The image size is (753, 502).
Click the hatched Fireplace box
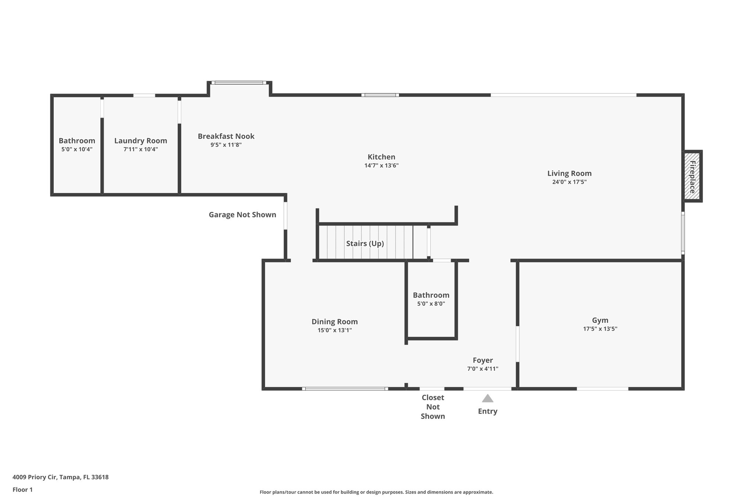click(692, 176)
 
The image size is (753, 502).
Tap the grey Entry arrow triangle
click(488, 399)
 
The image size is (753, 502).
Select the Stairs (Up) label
click(365, 243)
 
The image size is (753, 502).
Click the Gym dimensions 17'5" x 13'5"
click(600, 329)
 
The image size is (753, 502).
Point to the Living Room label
click(569, 173)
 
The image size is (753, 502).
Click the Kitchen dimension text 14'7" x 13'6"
click(381, 165)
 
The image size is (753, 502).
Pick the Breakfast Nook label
click(226, 136)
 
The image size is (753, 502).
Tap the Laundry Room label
click(140, 140)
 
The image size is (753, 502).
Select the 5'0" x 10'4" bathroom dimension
click(77, 149)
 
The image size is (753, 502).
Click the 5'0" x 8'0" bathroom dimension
click(431, 304)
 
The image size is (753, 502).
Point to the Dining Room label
click(335, 321)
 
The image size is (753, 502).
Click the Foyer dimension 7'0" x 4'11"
click(482, 369)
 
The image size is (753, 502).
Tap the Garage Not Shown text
click(242, 215)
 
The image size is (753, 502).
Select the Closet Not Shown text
click(433, 407)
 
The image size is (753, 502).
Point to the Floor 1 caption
click(22, 489)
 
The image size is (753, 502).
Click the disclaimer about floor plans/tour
click(376, 492)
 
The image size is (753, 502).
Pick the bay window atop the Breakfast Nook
click(239, 83)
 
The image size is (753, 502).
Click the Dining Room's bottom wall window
click(345, 389)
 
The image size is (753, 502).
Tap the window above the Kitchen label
click(380, 95)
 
